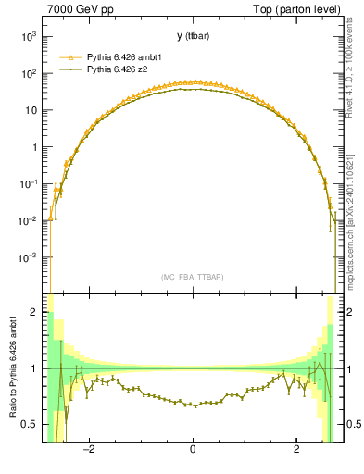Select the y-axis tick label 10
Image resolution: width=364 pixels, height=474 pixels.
click(31, 110)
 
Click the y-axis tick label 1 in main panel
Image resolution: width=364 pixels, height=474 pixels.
click(34, 147)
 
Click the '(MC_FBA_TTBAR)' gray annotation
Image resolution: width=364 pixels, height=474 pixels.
click(192, 277)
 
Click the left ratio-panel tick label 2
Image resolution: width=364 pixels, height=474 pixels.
click(34, 313)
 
